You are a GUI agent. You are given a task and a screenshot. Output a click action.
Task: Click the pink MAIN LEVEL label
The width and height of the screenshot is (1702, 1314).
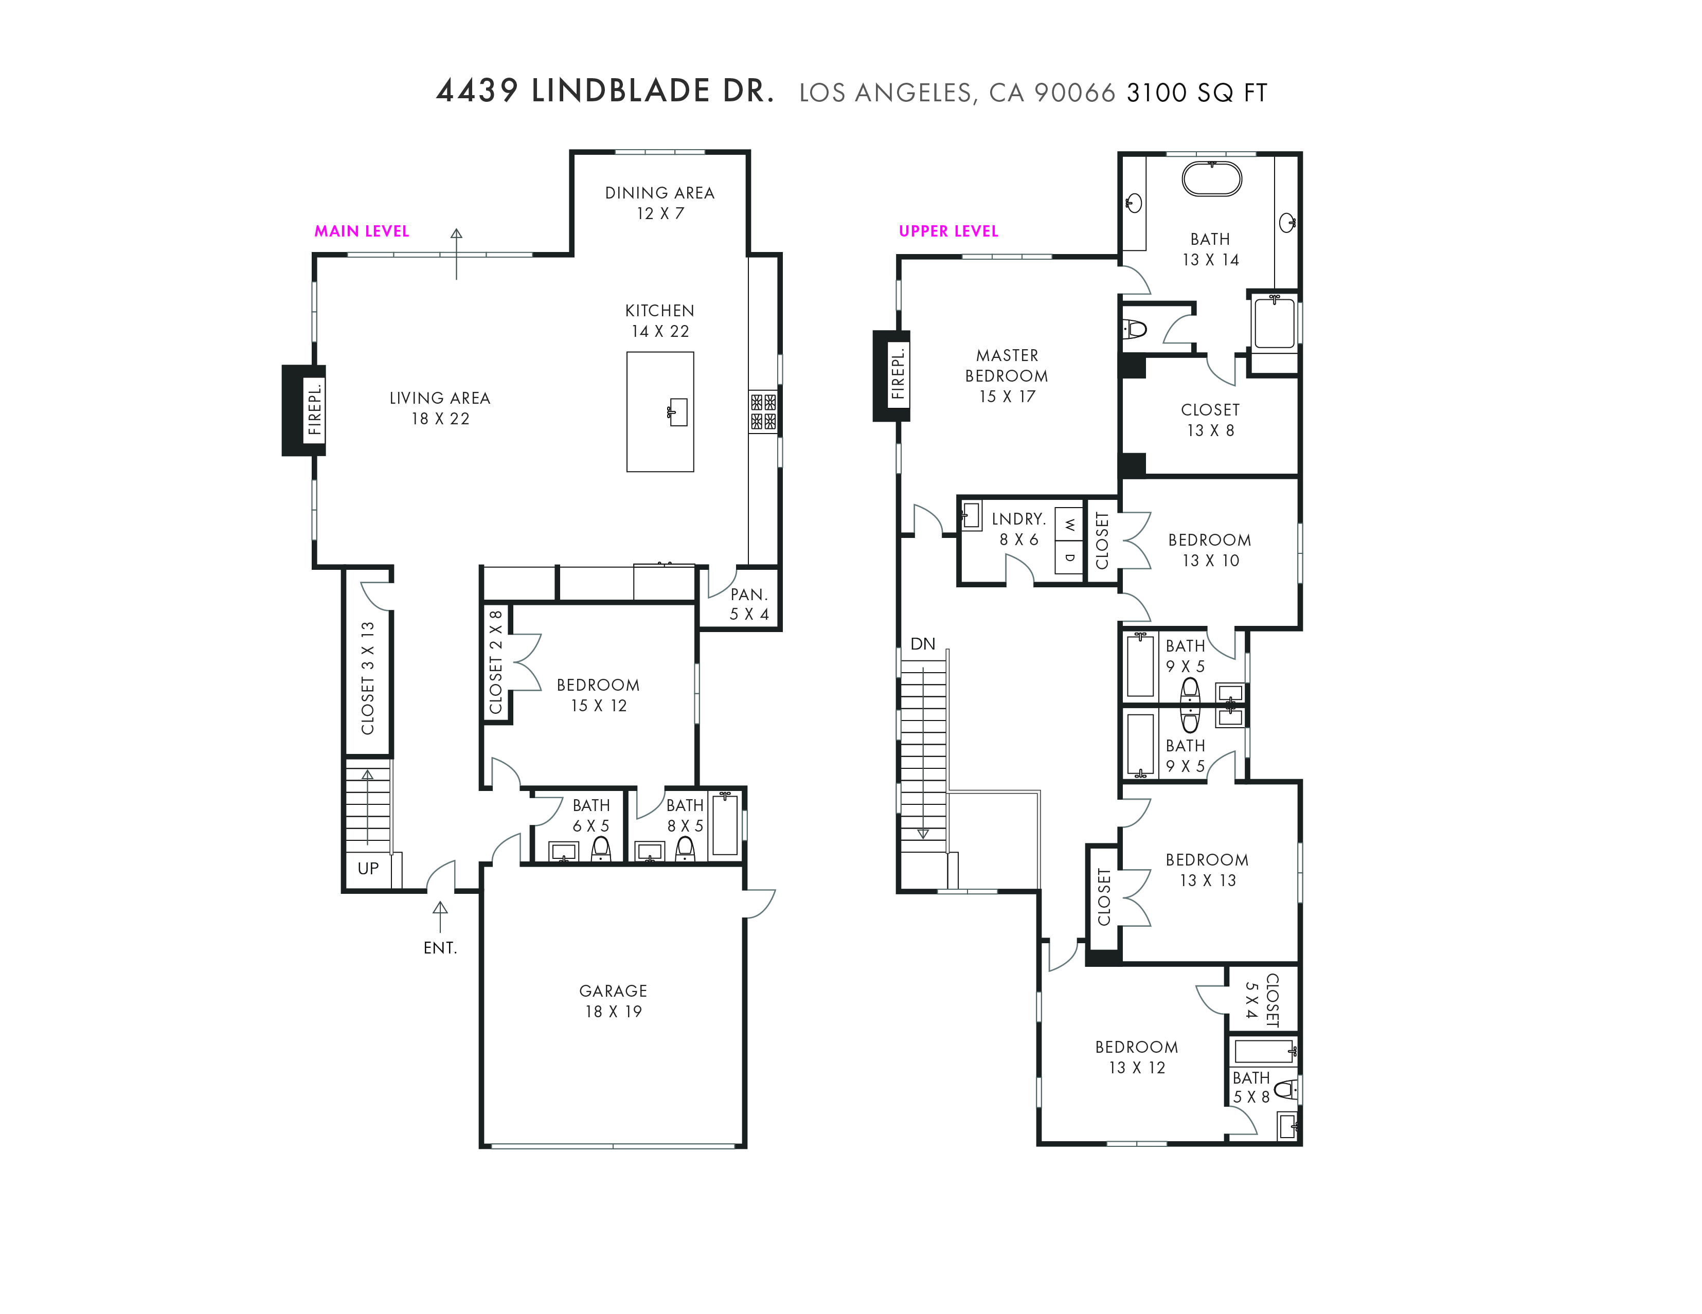point(362,231)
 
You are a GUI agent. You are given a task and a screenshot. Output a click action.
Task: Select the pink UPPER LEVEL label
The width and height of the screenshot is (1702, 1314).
point(948,231)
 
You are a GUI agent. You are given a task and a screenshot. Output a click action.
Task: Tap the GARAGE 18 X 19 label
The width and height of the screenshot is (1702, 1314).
point(613,1001)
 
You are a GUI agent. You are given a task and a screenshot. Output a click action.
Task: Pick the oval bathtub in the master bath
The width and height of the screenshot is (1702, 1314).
point(1212,179)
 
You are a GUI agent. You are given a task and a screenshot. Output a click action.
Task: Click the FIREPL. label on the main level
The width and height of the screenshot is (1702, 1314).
point(315,410)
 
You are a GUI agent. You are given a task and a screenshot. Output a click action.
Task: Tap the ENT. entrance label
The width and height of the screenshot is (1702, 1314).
point(440,948)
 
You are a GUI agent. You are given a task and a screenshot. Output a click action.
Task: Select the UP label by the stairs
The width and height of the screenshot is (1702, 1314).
point(368,868)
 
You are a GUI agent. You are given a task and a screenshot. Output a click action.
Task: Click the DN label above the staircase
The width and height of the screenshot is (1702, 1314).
point(923,644)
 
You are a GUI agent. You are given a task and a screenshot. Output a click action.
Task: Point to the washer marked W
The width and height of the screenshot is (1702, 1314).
point(1069,525)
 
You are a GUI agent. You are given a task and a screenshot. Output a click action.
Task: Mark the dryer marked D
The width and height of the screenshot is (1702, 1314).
point(1069,558)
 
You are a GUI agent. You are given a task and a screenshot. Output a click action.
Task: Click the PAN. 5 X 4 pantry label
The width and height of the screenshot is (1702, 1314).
point(749,604)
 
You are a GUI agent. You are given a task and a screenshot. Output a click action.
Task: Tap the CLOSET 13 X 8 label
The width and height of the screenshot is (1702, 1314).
point(1210,420)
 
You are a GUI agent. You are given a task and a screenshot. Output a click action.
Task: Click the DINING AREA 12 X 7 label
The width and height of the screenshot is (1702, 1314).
point(660,203)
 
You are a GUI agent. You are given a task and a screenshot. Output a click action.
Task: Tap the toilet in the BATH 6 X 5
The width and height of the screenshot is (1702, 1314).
point(601,849)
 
